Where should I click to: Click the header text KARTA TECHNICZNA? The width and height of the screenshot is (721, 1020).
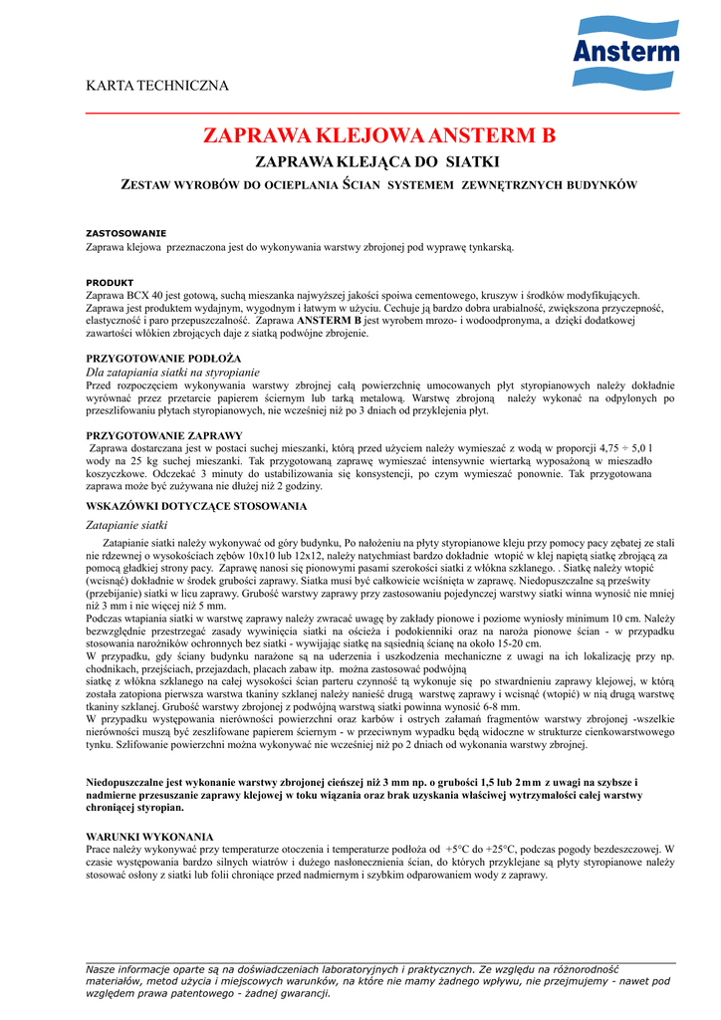click(157, 86)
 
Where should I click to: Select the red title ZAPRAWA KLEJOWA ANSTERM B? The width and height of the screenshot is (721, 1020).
click(378, 135)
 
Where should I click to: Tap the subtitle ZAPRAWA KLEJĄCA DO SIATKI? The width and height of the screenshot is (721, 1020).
click(377, 161)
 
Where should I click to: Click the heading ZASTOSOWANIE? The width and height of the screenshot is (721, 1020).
click(126, 233)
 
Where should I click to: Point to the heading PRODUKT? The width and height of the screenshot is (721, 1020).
click(110, 283)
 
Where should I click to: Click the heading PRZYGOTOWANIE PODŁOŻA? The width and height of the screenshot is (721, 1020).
click(163, 358)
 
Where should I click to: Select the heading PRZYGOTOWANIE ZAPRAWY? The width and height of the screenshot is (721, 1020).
click(164, 436)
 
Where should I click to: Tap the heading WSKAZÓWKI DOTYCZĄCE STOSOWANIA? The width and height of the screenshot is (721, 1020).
click(196, 507)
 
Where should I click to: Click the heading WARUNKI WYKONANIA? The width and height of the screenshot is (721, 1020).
click(149, 836)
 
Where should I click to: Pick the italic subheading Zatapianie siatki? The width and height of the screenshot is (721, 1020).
click(127, 525)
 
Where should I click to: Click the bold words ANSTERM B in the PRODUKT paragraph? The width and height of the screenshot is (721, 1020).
click(329, 322)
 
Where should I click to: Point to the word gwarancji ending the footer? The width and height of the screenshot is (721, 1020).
click(305, 992)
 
